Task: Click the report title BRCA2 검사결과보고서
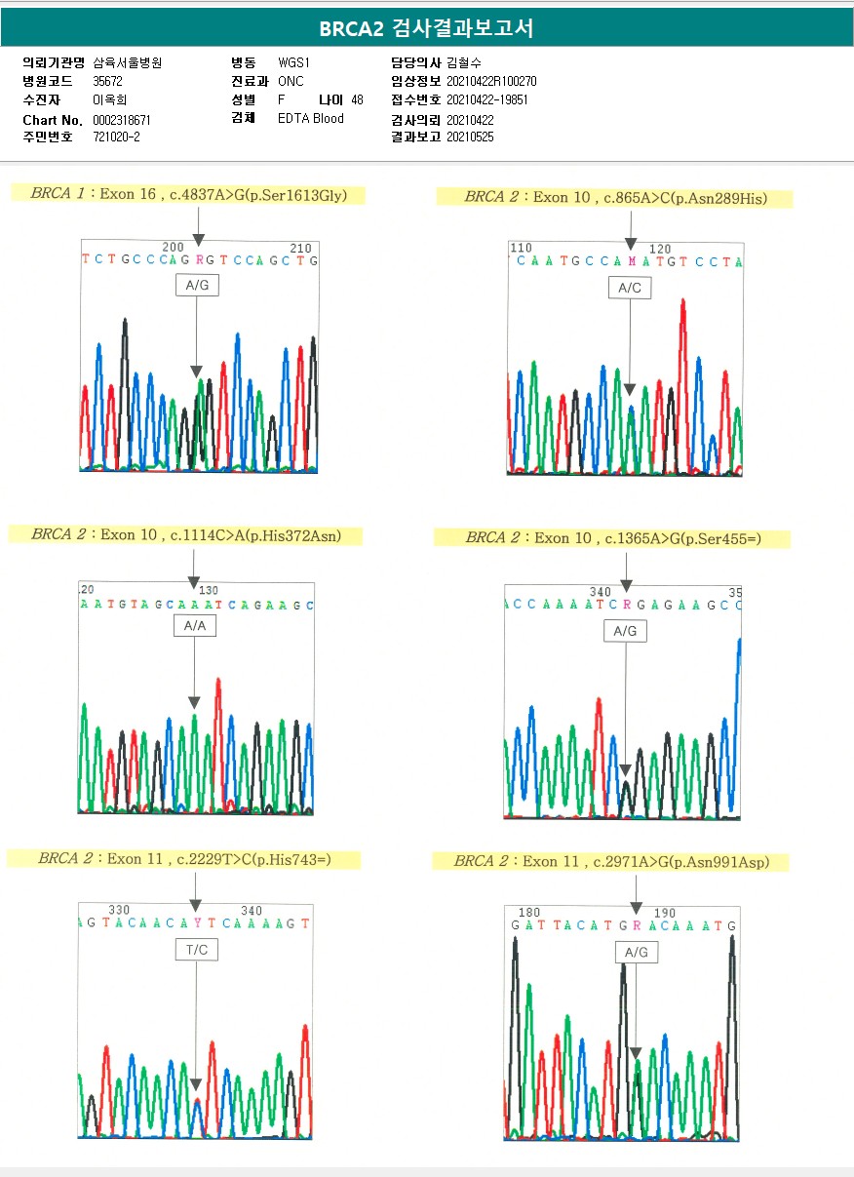click(426, 28)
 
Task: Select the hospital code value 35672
click(108, 81)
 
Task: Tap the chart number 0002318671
click(122, 120)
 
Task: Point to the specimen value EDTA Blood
click(310, 119)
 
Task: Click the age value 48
click(357, 100)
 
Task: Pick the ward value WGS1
click(293, 62)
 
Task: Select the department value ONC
click(291, 81)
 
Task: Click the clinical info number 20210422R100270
click(491, 81)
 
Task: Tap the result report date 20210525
click(470, 137)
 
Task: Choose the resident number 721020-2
click(116, 137)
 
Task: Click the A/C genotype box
click(629, 288)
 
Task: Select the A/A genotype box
click(194, 626)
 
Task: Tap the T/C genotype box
click(196, 949)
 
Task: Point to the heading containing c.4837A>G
click(187, 194)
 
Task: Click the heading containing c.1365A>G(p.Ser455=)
click(611, 538)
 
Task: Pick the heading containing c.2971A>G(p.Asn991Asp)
click(611, 861)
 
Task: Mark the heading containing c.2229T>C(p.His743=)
click(184, 859)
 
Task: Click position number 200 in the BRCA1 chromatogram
click(172, 248)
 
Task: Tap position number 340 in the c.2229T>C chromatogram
click(252, 910)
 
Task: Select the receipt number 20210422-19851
click(487, 100)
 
